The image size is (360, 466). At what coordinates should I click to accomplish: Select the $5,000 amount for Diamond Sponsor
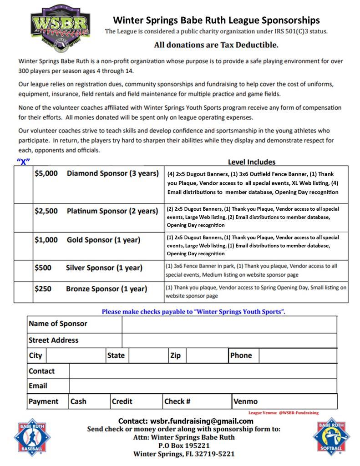(x=46, y=173)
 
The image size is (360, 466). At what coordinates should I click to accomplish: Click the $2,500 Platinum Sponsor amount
(x=46, y=211)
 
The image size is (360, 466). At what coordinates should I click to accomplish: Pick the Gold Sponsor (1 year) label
(x=103, y=240)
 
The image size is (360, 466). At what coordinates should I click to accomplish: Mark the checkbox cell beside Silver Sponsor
(x=23, y=271)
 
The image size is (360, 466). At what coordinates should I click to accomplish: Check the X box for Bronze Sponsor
(x=23, y=292)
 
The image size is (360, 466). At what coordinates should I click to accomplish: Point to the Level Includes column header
(x=251, y=162)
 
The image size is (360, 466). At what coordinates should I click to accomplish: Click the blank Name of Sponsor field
(x=229, y=324)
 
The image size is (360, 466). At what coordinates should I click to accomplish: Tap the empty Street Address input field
(x=229, y=340)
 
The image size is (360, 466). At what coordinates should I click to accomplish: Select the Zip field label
(x=175, y=355)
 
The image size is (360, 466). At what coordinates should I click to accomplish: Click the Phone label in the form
(x=241, y=355)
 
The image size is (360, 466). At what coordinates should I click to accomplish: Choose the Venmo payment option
(x=245, y=401)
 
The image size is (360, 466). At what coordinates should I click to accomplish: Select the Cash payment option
(x=78, y=401)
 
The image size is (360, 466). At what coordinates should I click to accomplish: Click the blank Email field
(x=203, y=386)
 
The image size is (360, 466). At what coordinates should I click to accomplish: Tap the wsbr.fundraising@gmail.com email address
(x=202, y=421)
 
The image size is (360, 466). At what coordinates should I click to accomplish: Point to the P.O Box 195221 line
(x=184, y=446)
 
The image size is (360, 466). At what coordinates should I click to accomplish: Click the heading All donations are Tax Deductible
(x=216, y=45)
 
